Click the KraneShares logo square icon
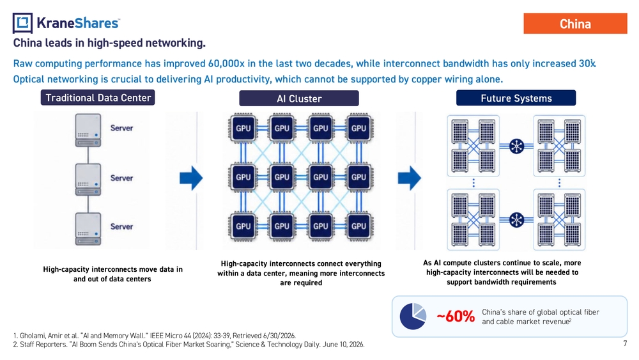(x=22, y=23)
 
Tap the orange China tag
(x=575, y=24)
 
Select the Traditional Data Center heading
(x=98, y=98)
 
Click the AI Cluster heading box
(x=299, y=98)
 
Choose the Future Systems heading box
(x=516, y=98)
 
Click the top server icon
(x=88, y=130)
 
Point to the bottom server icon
(x=88, y=229)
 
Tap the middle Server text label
(x=121, y=178)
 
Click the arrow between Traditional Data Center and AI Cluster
(x=191, y=178)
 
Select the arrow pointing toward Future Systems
(x=410, y=178)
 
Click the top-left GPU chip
(x=243, y=128)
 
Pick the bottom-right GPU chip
(x=358, y=226)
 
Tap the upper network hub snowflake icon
(x=516, y=146)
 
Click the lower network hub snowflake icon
(x=516, y=220)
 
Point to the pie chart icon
(x=413, y=317)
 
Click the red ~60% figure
(x=456, y=317)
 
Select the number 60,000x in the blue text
(x=226, y=63)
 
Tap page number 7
(x=625, y=343)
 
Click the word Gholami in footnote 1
(x=33, y=336)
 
